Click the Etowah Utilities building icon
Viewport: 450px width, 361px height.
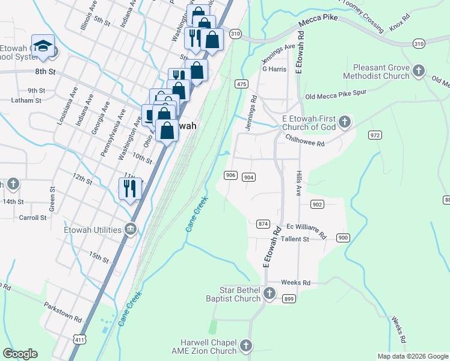(x=131, y=229)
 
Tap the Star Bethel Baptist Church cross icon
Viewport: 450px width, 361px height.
(x=270, y=294)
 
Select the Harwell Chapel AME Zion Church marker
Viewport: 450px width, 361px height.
(x=245, y=346)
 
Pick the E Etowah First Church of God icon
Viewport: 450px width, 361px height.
(x=345, y=122)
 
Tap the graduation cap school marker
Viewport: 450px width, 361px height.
(x=43, y=46)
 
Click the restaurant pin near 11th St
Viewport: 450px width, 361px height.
(x=130, y=188)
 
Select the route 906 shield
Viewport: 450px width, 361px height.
(x=230, y=175)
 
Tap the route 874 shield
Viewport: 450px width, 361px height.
(x=263, y=224)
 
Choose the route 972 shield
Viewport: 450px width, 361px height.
(x=375, y=135)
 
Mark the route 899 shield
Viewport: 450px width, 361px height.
(x=289, y=299)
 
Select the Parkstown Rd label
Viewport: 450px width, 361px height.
(x=62, y=313)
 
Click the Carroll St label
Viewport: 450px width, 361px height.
(x=32, y=217)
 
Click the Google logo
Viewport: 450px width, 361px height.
(x=20, y=354)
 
